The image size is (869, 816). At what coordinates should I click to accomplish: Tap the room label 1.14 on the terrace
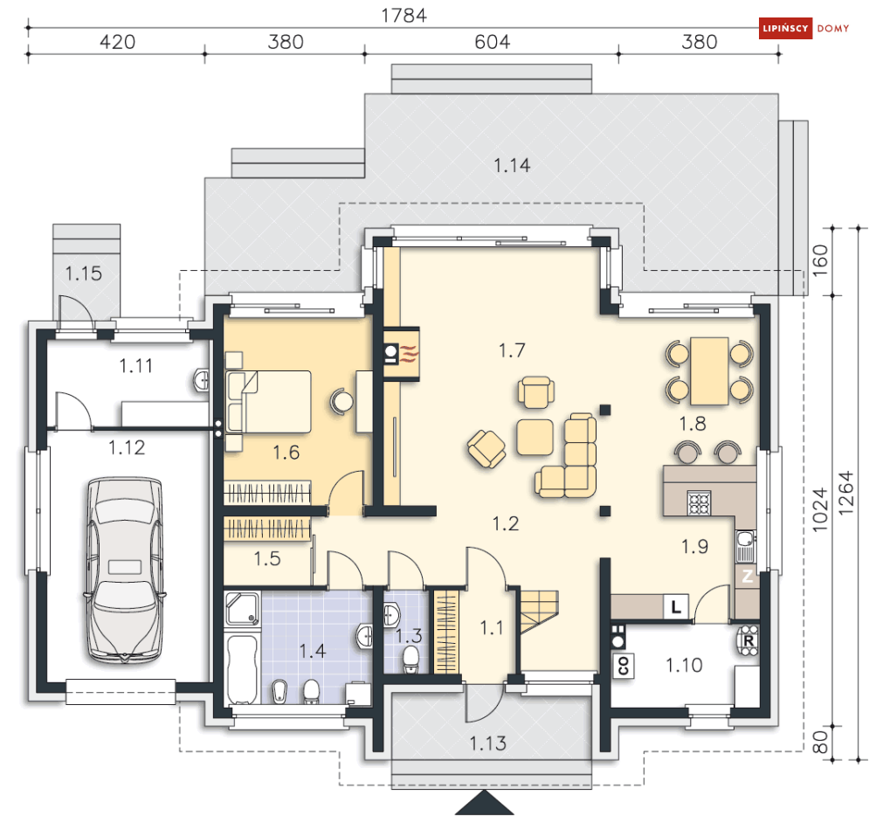click(512, 165)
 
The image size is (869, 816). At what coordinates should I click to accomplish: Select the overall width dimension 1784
click(404, 15)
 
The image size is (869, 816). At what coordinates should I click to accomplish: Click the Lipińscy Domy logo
click(804, 28)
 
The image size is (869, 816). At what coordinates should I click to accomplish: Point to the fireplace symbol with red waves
click(401, 354)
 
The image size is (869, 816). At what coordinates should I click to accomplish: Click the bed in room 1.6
click(268, 401)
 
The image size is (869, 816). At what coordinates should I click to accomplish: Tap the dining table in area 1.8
click(709, 370)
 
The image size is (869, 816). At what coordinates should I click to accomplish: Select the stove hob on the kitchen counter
click(699, 503)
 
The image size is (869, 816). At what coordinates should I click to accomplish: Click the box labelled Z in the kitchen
click(747, 576)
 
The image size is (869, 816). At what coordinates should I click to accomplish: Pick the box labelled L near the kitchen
click(676, 607)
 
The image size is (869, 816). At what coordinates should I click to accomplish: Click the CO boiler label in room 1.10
click(624, 666)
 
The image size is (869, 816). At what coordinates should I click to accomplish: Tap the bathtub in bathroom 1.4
click(242, 669)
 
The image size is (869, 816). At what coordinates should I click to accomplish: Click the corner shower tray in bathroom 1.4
click(242, 609)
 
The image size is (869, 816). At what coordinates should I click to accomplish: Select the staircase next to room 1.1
click(539, 612)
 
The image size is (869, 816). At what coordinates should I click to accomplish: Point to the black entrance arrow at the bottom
click(485, 803)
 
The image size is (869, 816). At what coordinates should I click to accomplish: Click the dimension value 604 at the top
click(492, 42)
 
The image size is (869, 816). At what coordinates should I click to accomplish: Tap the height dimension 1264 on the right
click(845, 493)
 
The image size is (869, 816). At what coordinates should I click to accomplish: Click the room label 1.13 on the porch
click(487, 743)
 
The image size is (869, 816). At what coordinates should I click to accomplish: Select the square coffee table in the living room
click(535, 438)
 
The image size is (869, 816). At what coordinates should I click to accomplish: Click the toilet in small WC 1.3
click(410, 659)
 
